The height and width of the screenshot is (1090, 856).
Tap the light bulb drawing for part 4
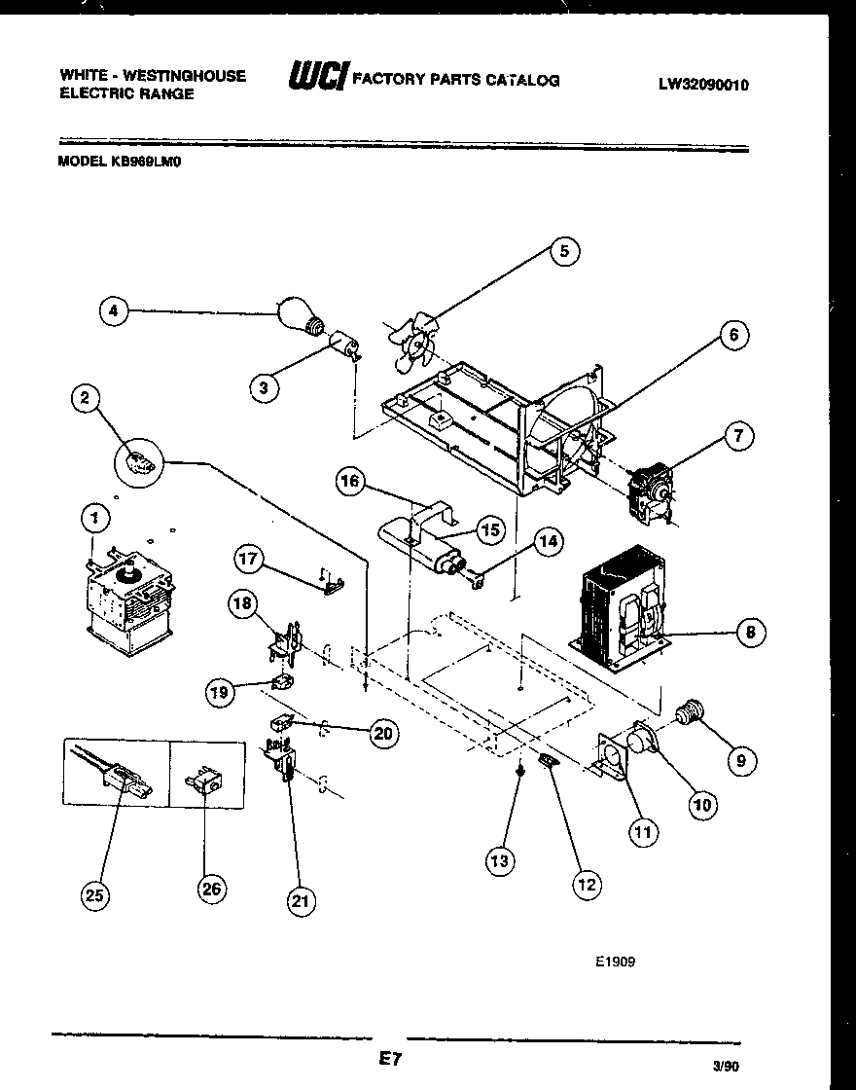tap(301, 315)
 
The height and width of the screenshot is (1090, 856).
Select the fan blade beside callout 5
tap(410, 343)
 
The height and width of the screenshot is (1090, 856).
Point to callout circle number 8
tap(749, 634)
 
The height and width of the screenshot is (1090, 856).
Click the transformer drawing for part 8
tap(621, 609)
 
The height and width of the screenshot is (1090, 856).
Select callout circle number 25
tap(95, 895)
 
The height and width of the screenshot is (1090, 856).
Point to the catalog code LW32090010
tap(703, 85)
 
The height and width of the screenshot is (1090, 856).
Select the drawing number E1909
tap(615, 962)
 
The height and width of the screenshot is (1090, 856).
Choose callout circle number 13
tap(499, 860)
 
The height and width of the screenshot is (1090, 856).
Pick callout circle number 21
tap(301, 902)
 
